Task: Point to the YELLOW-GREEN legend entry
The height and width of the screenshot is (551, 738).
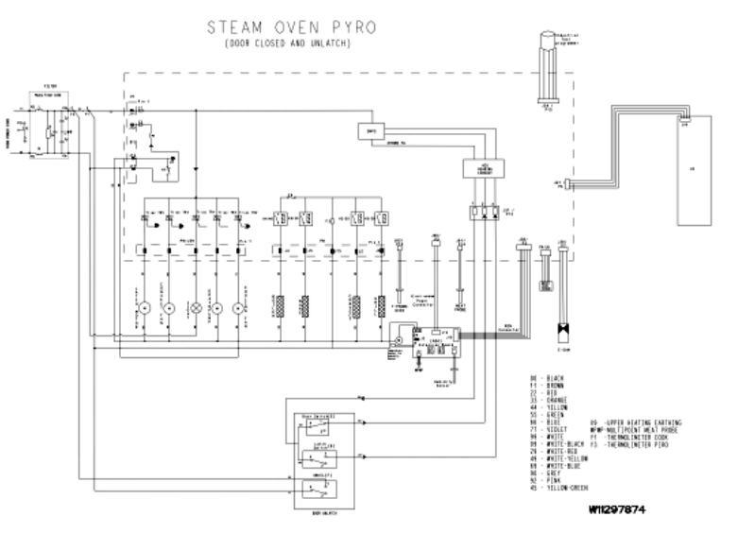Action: click(563, 488)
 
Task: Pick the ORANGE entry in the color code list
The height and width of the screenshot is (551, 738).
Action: click(552, 400)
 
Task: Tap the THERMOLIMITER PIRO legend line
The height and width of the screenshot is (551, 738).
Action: click(635, 443)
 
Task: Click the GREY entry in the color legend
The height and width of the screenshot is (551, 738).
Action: click(548, 473)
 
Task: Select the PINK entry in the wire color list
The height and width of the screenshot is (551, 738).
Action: click(548, 480)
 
